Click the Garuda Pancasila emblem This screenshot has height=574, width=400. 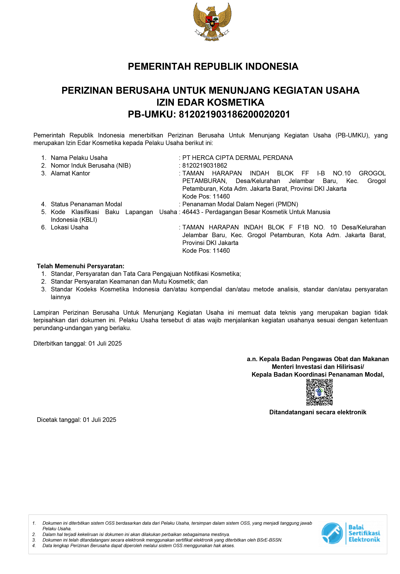[212, 22]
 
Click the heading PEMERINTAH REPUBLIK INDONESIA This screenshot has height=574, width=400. [213, 67]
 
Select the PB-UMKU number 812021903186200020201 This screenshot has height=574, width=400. [234, 114]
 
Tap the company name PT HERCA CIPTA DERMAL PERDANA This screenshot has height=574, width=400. [237, 158]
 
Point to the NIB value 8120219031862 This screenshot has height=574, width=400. [204, 165]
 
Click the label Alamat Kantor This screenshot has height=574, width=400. [70, 173]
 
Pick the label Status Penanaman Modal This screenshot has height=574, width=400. [86, 204]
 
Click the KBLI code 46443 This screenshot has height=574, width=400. [191, 212]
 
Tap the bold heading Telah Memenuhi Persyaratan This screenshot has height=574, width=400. [81, 266]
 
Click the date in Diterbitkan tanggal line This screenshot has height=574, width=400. [105, 344]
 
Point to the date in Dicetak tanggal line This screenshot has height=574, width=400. [99, 420]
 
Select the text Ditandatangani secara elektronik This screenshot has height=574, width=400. [317, 412]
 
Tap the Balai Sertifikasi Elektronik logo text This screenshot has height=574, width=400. [364, 533]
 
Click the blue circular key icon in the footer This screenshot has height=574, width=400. [332, 533]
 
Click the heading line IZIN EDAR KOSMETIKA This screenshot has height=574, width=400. [210, 102]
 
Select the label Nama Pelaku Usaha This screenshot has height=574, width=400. [79, 158]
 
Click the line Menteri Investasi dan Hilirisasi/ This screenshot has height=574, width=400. [318, 367]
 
